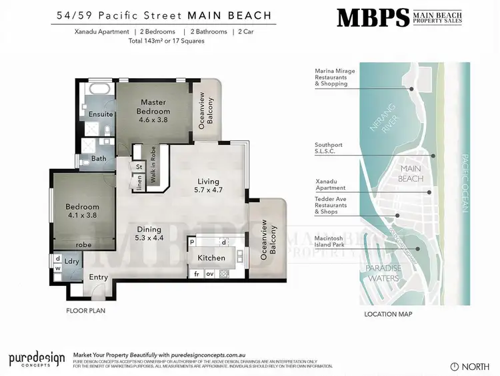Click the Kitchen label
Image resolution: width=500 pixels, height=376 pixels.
coord(211,258)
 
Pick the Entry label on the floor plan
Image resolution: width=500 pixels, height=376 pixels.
coord(98,277)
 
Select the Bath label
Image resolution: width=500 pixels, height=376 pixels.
coord(99,159)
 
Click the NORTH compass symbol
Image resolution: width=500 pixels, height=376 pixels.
coord(455,366)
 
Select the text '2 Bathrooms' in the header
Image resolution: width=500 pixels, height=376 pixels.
coord(209,31)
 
